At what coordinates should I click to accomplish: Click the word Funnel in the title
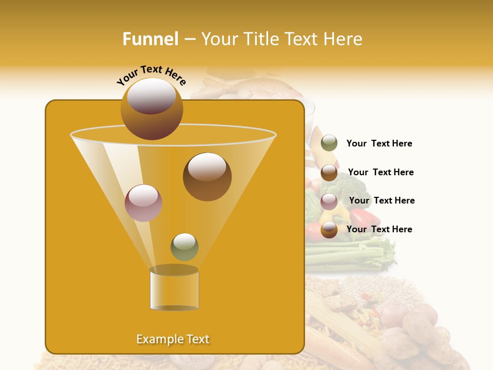[x=150, y=39]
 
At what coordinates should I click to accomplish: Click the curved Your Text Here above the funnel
[x=151, y=75]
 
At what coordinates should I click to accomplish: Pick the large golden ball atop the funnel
[x=151, y=108]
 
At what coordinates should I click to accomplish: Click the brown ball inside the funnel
[x=207, y=177]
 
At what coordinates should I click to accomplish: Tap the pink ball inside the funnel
[x=143, y=203]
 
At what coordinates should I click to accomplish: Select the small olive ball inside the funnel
[x=184, y=247]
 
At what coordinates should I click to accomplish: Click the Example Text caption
[x=173, y=339]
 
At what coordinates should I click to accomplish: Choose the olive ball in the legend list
[x=329, y=143]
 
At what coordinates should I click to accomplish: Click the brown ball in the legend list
[x=329, y=172]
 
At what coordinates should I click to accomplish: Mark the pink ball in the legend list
[x=329, y=201]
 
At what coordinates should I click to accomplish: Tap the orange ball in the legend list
[x=329, y=230]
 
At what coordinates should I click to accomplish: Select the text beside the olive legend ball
[x=379, y=144]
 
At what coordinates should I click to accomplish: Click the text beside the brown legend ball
[x=381, y=172]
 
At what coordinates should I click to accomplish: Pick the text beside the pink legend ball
[x=382, y=200]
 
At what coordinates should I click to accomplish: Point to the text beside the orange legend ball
[x=379, y=229]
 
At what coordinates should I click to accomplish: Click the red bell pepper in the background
[x=365, y=219]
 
